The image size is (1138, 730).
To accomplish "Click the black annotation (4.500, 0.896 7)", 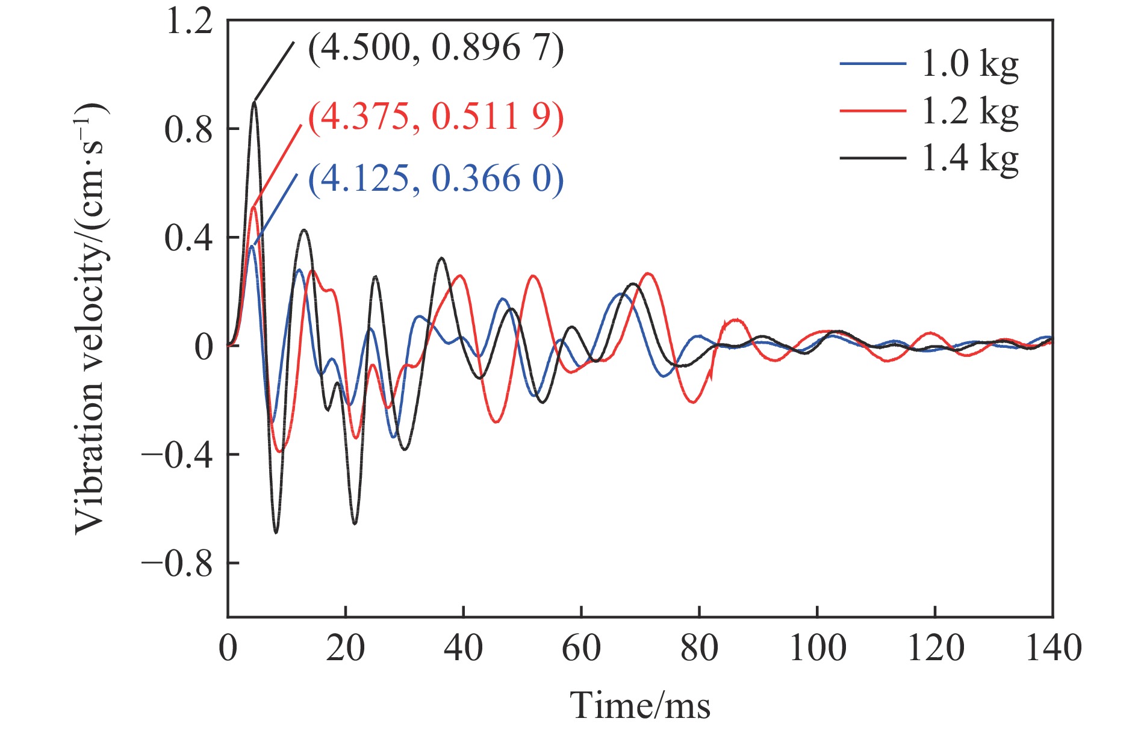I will coord(436,48).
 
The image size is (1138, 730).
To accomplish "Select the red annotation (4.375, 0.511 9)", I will coord(436,116).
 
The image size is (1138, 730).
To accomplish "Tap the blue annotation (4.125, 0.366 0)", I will coord(436,179).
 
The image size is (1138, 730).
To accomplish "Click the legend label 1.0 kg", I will coord(970,64).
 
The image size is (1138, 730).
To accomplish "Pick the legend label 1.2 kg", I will coord(970,112).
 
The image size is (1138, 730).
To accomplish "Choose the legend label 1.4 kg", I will coord(970,159).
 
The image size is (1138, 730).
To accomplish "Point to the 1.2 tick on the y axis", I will coord(189,22).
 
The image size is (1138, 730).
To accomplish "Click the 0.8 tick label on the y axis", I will coord(189,129).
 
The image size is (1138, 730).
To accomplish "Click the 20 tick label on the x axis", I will coord(346,649).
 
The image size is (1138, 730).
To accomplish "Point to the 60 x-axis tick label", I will coord(581,649).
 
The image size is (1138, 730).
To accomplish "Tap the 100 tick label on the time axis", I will coord(817,649).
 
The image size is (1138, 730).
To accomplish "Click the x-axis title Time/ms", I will coord(640,705).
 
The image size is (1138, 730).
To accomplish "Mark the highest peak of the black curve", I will coord(255,102).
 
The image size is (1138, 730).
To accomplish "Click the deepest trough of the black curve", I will coord(276,533).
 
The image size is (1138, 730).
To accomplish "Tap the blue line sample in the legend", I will coord(872,64).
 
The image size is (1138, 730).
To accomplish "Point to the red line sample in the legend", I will coord(872,111).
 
